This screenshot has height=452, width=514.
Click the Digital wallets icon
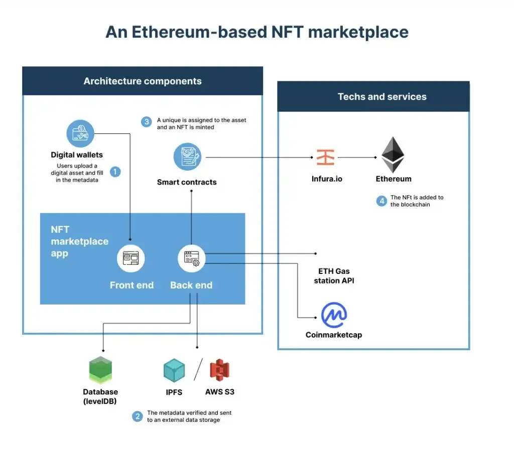(80, 133)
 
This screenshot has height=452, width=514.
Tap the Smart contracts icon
(187, 157)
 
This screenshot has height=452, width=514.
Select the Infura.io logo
(325, 157)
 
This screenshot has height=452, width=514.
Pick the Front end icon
(131, 258)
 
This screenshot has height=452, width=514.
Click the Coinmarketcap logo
(334, 315)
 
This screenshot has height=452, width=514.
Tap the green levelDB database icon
(100, 371)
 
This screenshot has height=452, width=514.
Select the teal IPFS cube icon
(174, 371)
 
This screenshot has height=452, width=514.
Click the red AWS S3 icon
(219, 370)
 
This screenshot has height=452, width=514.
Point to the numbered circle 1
(115, 172)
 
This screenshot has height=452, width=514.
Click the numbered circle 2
(137, 416)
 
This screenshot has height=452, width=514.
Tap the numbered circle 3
(146, 122)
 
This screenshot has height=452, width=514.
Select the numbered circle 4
(381, 201)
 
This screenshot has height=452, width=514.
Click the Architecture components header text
(143, 81)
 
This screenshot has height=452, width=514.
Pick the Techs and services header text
(382, 97)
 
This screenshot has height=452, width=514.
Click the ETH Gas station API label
(334, 276)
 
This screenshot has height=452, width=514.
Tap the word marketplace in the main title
(358, 32)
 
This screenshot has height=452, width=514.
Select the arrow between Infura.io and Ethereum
(357, 157)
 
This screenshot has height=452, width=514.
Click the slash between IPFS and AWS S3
(197, 370)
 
